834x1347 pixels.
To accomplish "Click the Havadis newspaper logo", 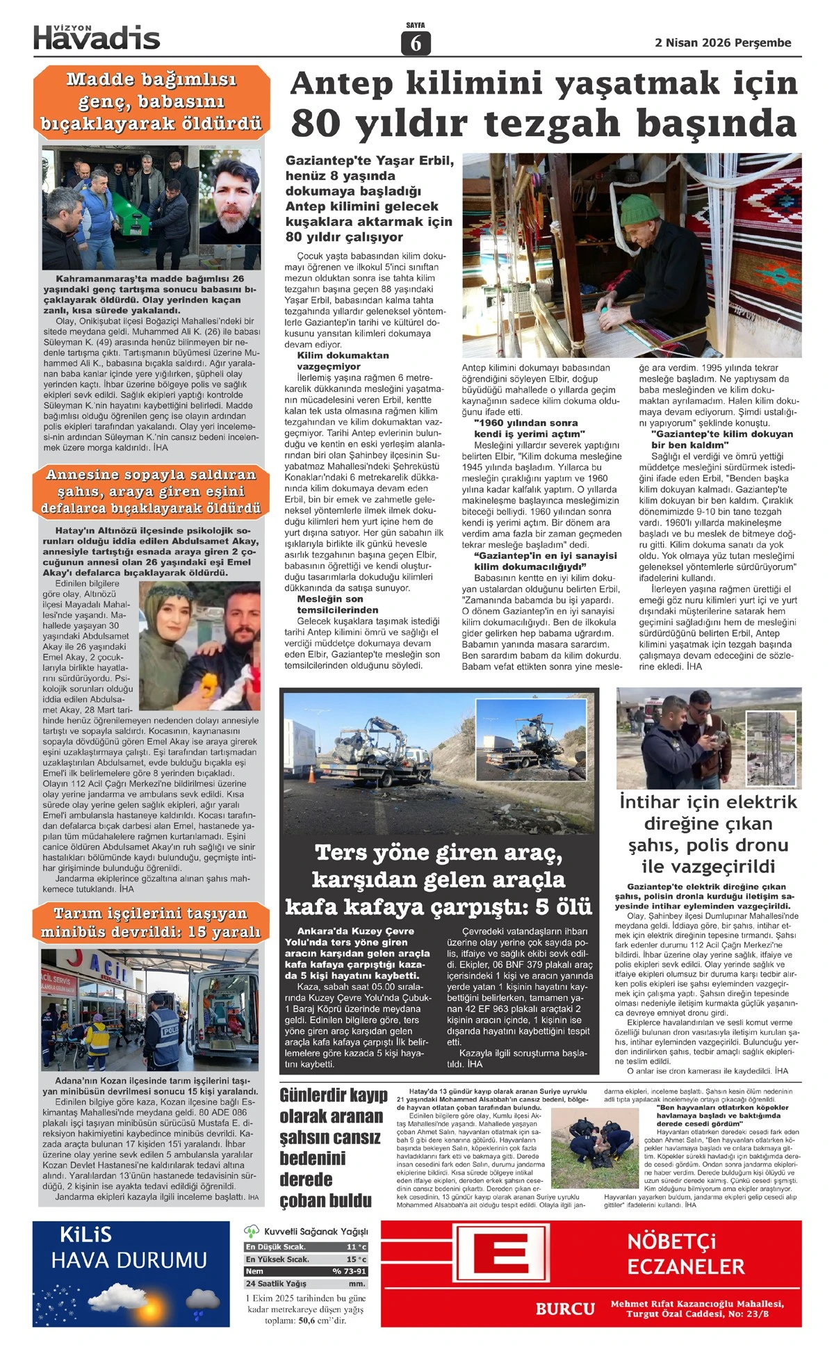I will point(97,38).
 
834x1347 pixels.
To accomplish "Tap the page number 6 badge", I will point(416,43).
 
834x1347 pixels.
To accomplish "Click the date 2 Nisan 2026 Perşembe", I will point(723,43).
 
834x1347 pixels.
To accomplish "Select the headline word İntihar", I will point(649,802).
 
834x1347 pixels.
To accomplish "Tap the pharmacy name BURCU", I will point(565,1309).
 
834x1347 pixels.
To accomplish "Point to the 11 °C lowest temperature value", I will point(356,1247).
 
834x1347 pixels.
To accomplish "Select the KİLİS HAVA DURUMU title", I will point(129,1248).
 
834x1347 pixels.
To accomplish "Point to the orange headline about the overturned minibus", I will point(150,922).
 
